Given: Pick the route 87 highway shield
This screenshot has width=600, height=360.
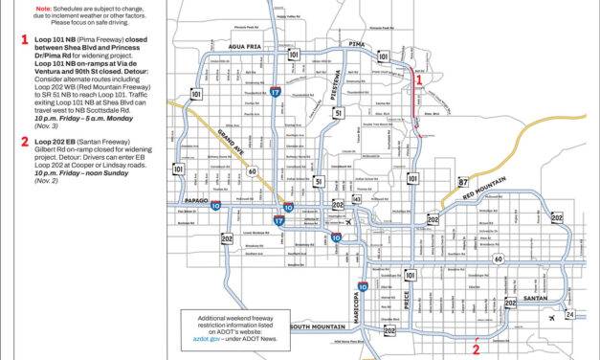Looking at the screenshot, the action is (x=435, y=182).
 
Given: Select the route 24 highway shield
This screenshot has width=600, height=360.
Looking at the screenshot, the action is (x=570, y=313).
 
